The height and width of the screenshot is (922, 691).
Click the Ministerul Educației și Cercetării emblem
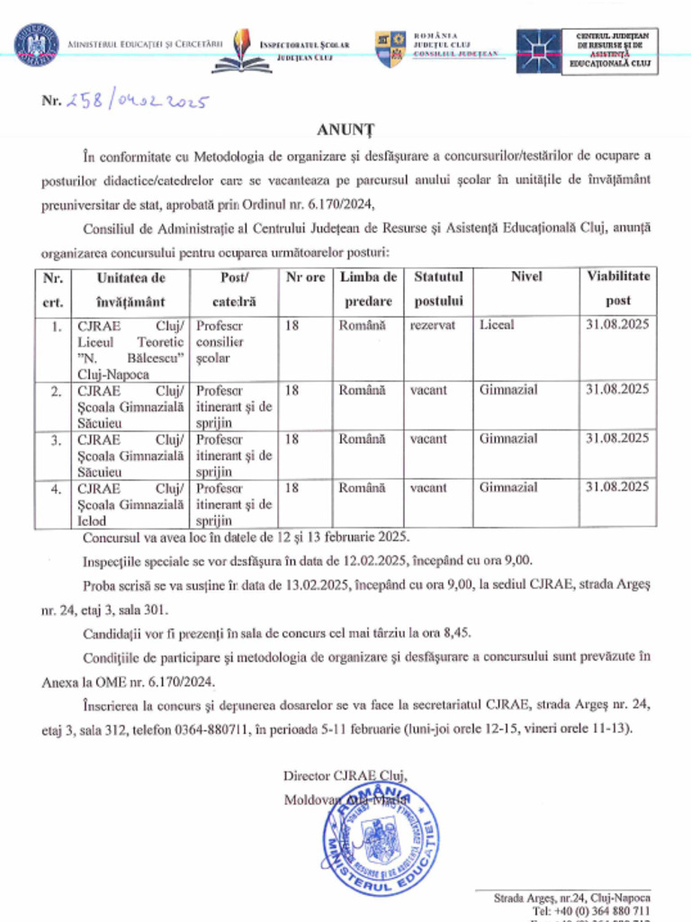pos(37,45)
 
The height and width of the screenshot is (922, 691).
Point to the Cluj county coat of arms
pos(390,49)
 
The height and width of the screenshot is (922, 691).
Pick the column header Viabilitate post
pos(617,289)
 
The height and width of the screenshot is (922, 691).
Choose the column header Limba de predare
pos(368,289)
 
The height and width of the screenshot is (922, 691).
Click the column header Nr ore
pos(304,278)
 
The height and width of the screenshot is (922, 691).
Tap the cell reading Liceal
pos(497,325)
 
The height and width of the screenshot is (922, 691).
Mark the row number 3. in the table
pos(56,439)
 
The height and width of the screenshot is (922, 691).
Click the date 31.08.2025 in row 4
pos(617,487)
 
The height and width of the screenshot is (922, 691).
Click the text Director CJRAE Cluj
pos(345,775)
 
